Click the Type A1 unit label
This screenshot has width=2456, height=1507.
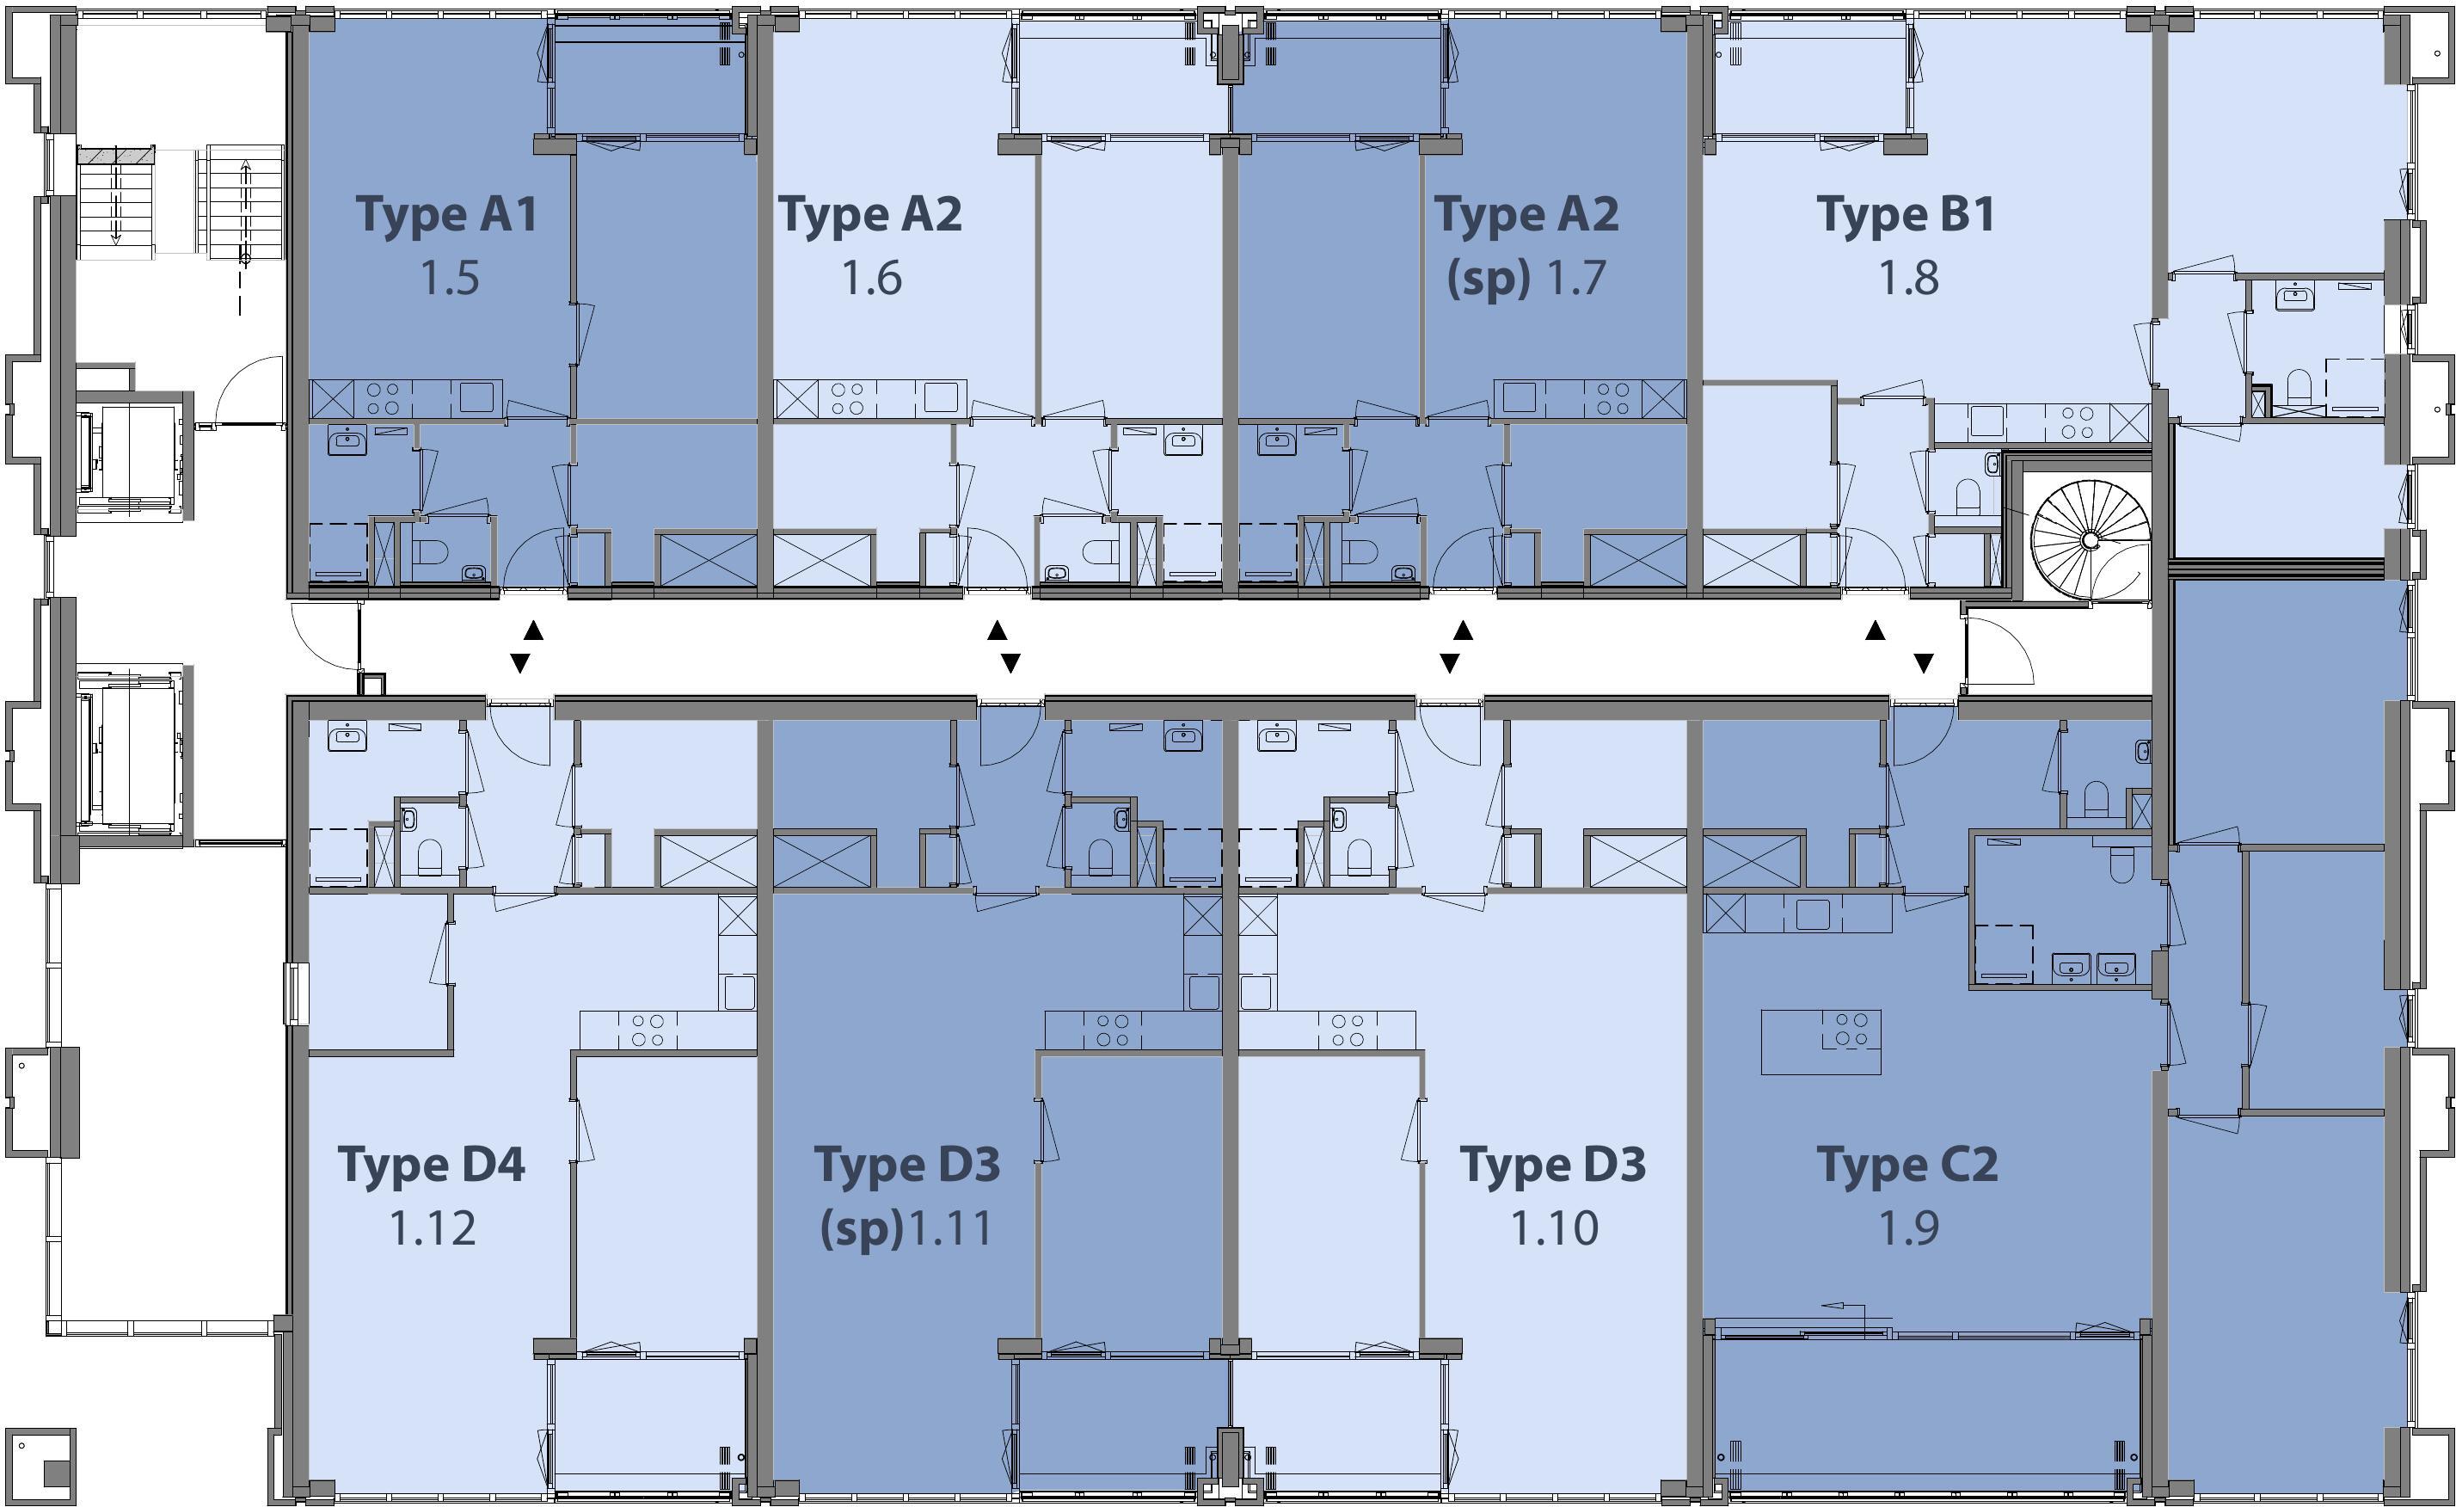click(x=446, y=214)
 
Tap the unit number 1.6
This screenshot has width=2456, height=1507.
click(x=872, y=277)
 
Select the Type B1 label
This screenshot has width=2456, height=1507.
click(x=1906, y=214)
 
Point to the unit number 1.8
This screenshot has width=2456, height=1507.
click(x=1909, y=277)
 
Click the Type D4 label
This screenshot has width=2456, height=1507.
click(x=432, y=1164)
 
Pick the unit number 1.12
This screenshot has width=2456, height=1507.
click(x=432, y=1227)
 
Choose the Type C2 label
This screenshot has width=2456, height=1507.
click(x=1906, y=1164)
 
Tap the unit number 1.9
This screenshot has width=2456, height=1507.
click(x=1909, y=1227)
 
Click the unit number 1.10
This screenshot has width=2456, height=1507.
click(x=1555, y=1227)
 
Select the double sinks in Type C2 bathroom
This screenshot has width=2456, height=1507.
click(x=2093, y=966)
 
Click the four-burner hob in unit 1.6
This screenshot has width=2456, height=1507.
click(x=848, y=398)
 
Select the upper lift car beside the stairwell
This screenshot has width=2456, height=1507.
click(x=132, y=456)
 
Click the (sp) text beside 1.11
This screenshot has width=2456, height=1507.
click(x=861, y=1229)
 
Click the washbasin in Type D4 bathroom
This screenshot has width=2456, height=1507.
click(x=347, y=737)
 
